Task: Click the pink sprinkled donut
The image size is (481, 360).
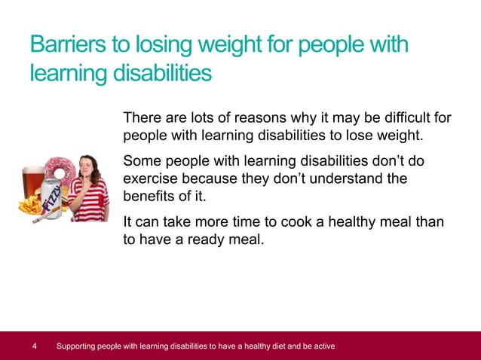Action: coord(57,170)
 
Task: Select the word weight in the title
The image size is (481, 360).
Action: coord(240,46)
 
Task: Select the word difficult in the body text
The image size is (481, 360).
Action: coord(403,118)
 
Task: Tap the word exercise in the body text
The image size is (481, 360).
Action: coord(149,180)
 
